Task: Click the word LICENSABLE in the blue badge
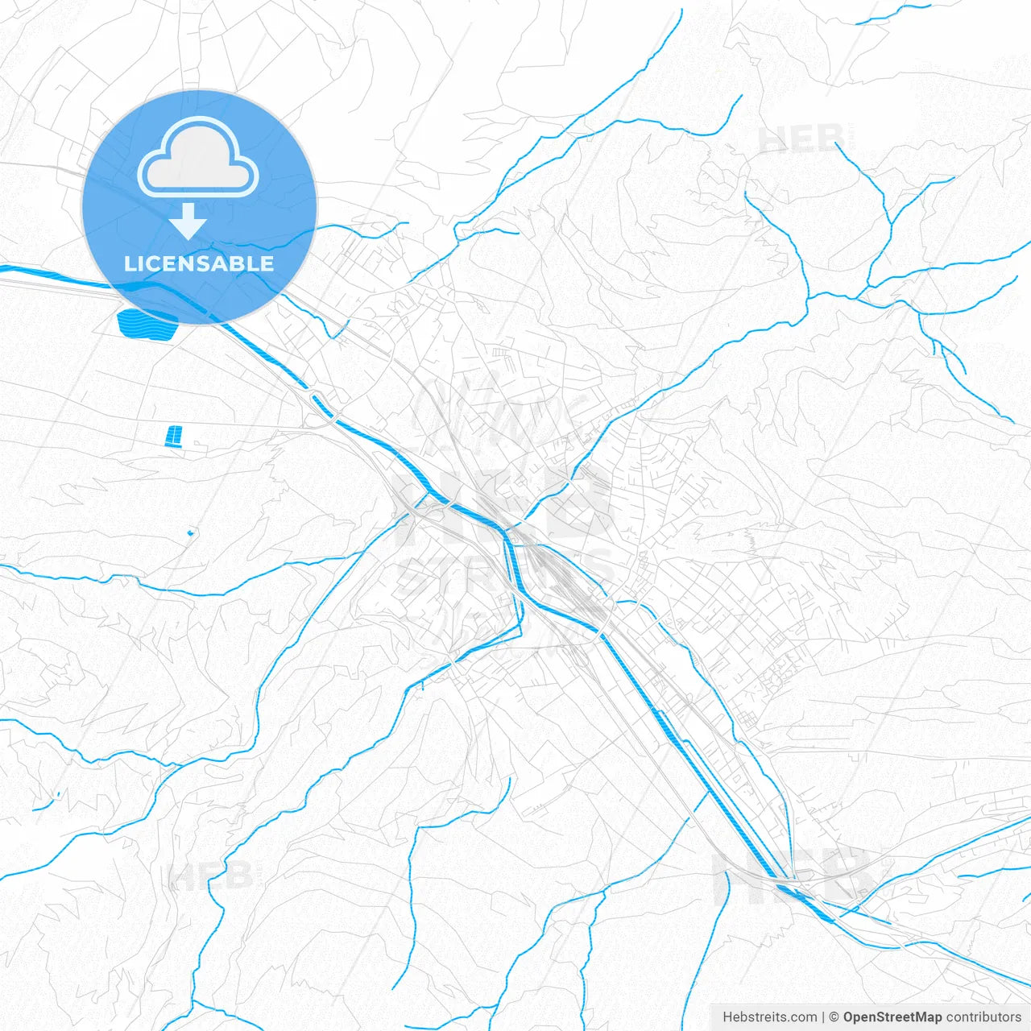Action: (199, 263)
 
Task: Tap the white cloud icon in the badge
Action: (198, 157)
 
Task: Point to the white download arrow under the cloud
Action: (188, 221)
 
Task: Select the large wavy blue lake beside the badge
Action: (147, 324)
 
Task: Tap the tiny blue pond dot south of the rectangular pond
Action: (191, 532)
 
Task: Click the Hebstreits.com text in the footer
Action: (769, 1017)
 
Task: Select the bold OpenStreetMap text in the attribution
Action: (892, 1017)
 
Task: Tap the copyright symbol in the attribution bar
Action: (834, 1017)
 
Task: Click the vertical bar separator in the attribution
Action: (823, 1017)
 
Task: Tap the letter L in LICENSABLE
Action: (129, 263)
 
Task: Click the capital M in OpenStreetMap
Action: (919, 1017)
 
